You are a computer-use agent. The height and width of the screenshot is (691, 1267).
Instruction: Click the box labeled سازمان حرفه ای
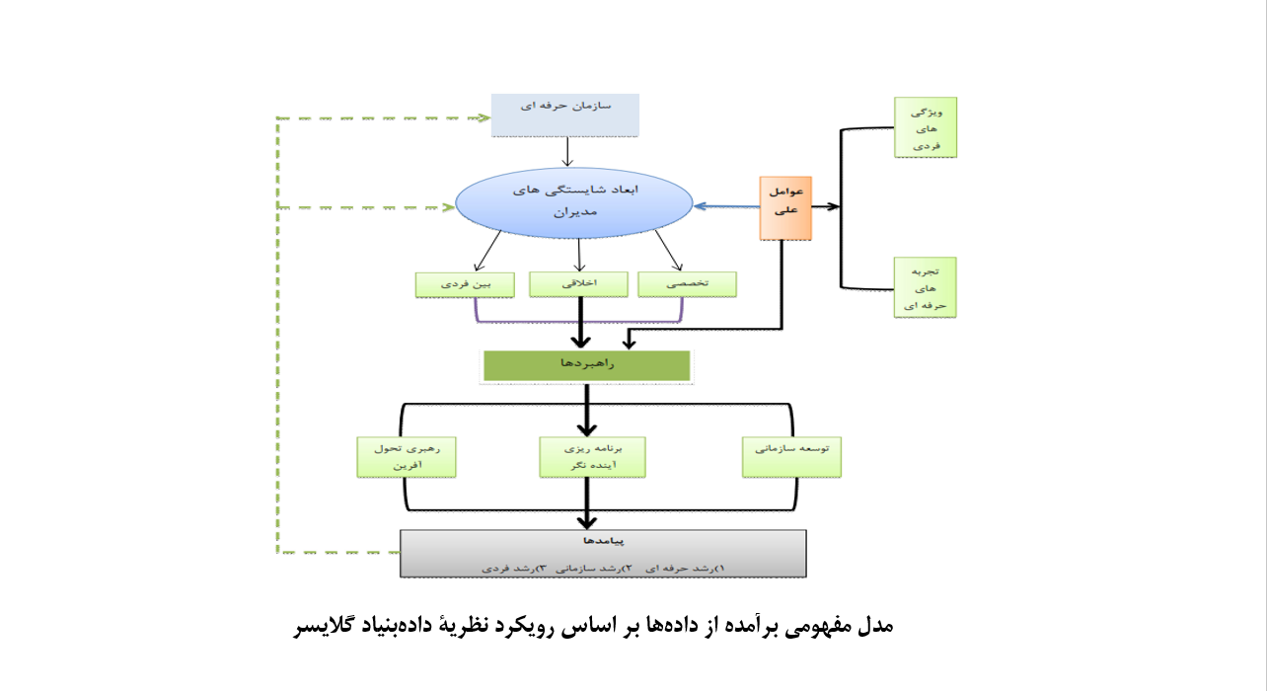(565, 115)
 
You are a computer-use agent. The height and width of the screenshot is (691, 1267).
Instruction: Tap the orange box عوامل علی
(785, 207)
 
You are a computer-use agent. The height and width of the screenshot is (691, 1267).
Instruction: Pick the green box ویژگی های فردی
(925, 126)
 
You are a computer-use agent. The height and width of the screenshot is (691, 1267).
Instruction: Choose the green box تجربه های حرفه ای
(925, 287)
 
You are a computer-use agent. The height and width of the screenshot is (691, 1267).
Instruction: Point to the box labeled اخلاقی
(578, 283)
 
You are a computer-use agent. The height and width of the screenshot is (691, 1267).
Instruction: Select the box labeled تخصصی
(688, 283)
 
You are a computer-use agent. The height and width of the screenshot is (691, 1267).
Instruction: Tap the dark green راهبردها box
(587, 365)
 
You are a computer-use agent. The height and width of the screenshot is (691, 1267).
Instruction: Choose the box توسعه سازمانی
(791, 456)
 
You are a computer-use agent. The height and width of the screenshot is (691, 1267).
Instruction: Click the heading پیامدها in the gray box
(603, 541)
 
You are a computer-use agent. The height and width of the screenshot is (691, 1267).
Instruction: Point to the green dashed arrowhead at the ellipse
(447, 207)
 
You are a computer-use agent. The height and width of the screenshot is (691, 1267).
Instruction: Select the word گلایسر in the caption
(325, 626)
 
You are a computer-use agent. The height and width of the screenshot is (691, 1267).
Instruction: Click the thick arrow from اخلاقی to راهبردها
(579, 322)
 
